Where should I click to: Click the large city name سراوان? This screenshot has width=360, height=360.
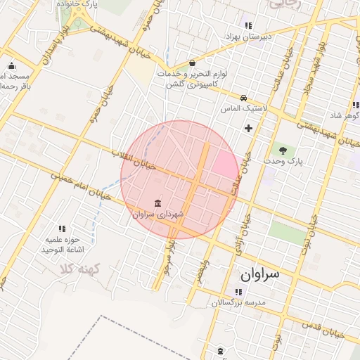260,274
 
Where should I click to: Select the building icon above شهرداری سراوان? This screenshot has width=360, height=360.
156,202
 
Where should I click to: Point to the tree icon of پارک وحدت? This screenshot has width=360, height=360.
283,150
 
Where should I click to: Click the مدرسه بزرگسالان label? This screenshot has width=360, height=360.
239,302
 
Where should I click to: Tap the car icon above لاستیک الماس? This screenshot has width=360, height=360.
243,98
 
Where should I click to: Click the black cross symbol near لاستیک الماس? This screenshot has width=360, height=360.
247,128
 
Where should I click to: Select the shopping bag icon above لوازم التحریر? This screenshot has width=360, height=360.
193,63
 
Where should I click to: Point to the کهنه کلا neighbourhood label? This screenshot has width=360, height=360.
81,269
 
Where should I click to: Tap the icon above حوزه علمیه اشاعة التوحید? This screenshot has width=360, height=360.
62,229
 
